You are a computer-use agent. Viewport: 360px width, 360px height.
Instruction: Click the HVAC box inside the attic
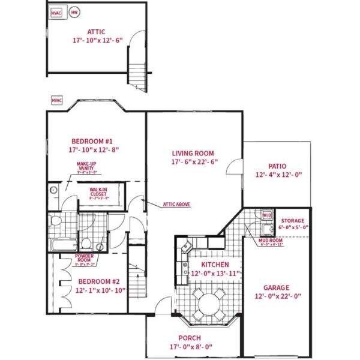click(58, 13)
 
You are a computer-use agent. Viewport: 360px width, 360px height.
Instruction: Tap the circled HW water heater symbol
click(74, 13)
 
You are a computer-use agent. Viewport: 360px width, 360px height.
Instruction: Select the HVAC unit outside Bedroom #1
click(57, 100)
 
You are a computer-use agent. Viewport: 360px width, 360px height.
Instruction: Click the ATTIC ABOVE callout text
click(176, 205)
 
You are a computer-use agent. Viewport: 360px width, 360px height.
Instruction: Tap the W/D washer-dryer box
click(266, 215)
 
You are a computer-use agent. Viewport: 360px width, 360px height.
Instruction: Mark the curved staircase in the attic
click(137, 66)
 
